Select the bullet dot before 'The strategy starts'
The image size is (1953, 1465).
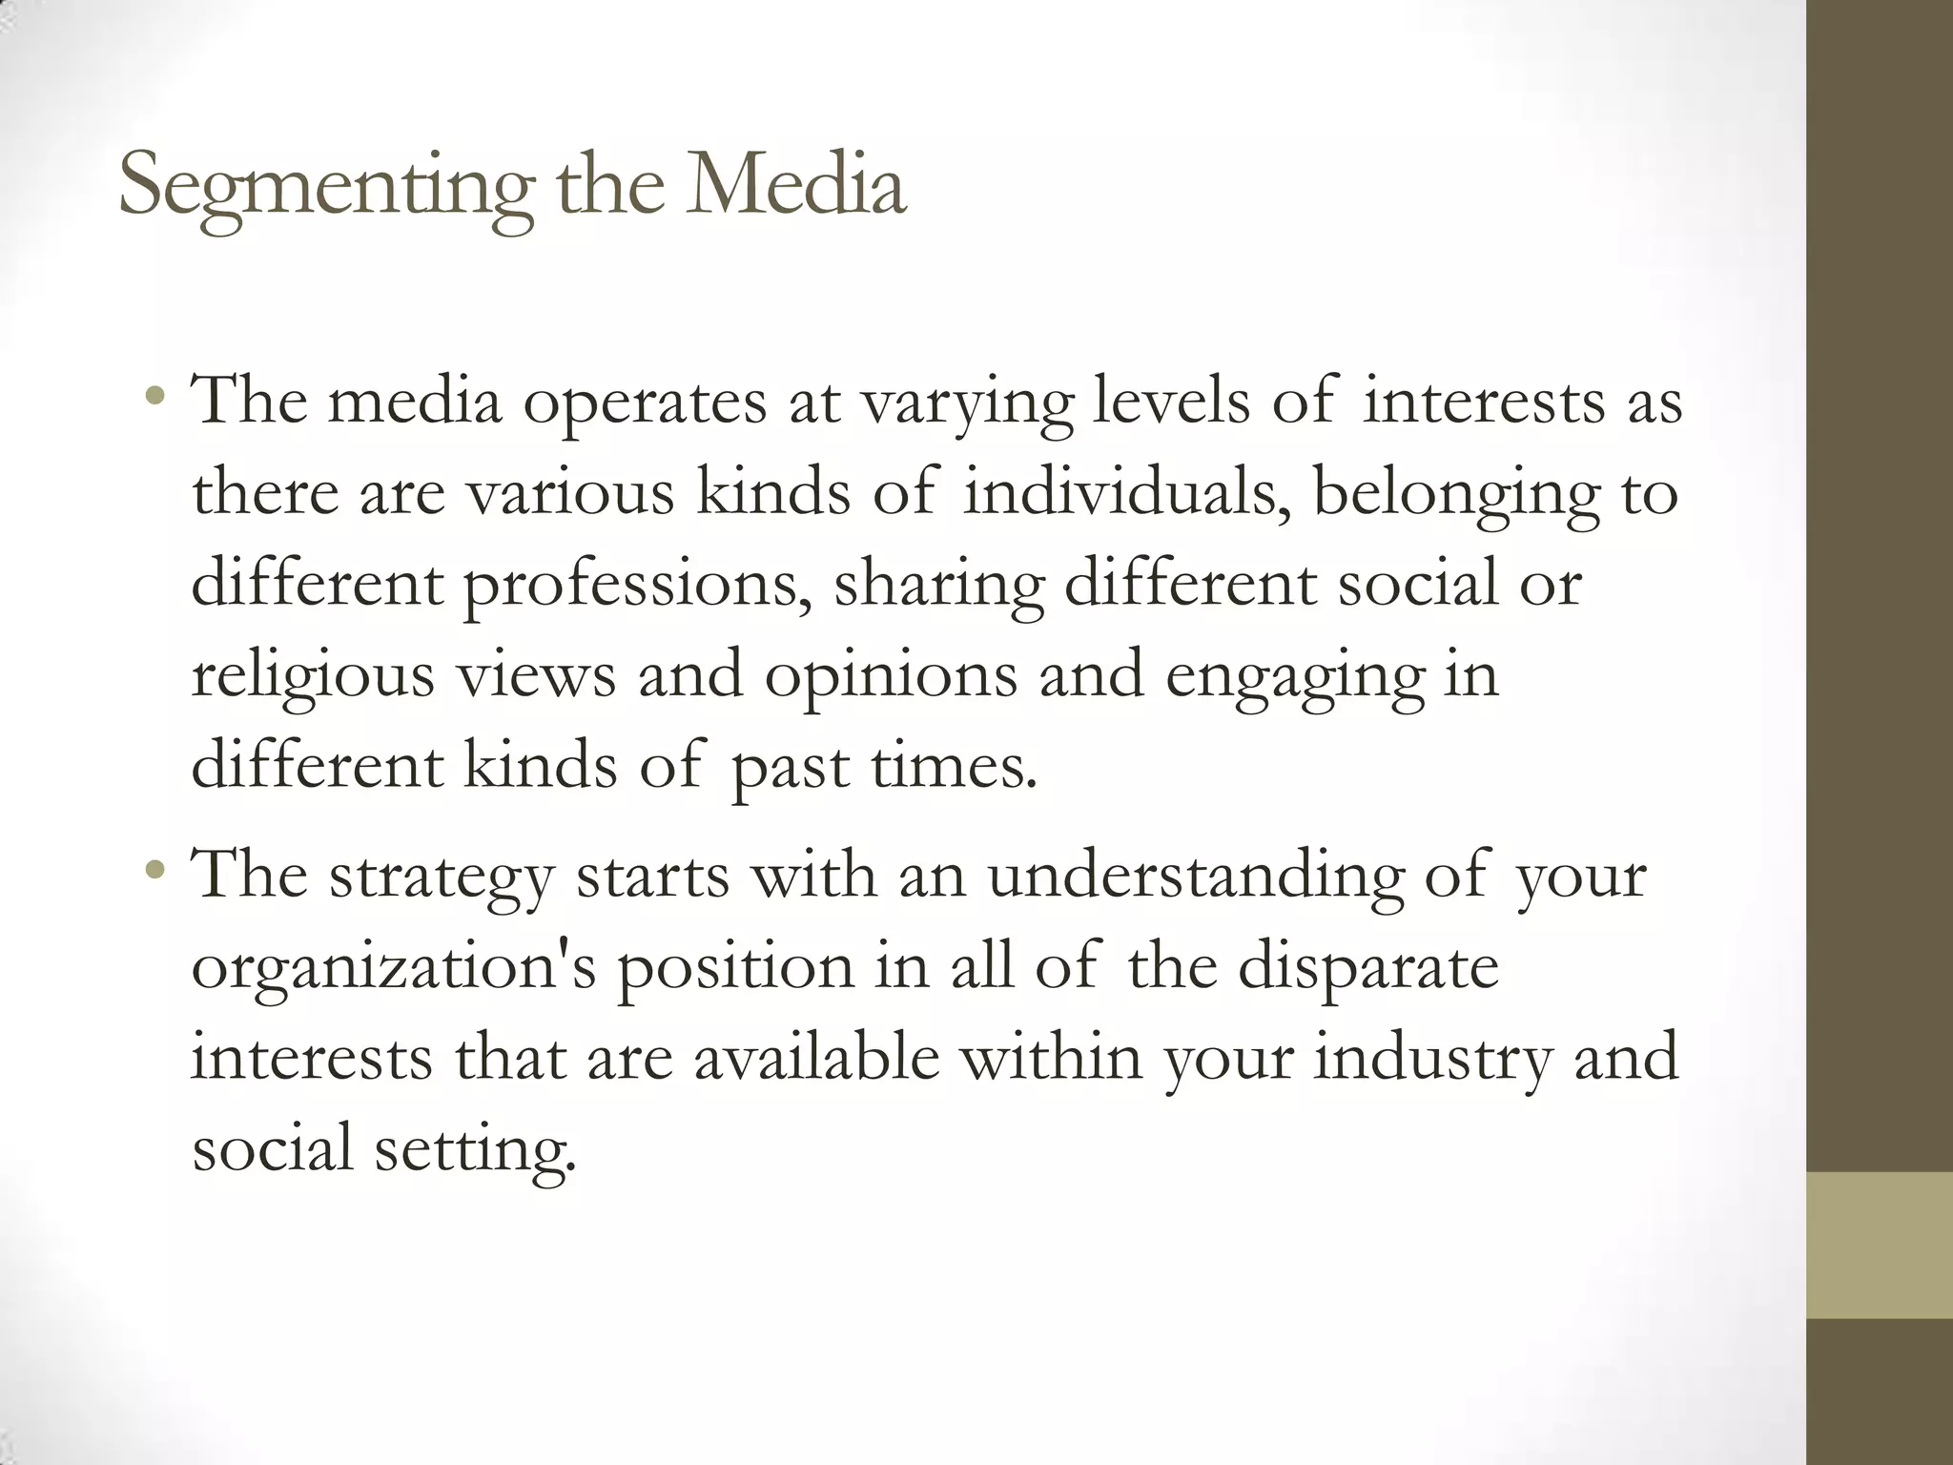pos(155,869)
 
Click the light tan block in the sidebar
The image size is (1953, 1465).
pos(1880,1245)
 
